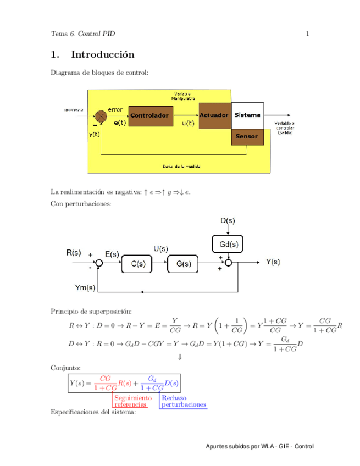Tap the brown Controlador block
click(x=149, y=115)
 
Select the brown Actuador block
click(x=214, y=115)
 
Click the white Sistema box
click(x=247, y=115)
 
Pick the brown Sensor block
click(x=247, y=137)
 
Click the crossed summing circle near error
click(x=101, y=115)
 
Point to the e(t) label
click(x=120, y=124)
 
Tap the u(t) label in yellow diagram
click(x=188, y=124)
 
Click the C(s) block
click(x=138, y=264)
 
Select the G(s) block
click(x=184, y=264)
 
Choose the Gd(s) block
click(x=228, y=242)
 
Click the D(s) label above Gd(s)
click(x=228, y=221)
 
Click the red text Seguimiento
click(x=133, y=397)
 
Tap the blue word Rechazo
click(x=174, y=397)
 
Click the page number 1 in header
click(x=308, y=34)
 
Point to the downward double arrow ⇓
click(x=179, y=357)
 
